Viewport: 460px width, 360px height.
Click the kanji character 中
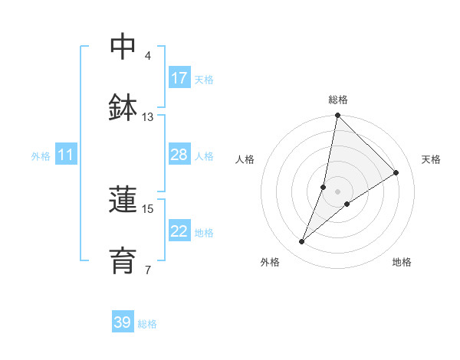pos(123,46)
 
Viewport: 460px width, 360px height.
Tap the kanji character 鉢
pos(123,108)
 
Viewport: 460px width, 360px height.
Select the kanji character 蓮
pos(123,200)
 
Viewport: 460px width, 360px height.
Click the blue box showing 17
pos(179,78)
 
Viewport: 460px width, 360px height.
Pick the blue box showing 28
pos(179,155)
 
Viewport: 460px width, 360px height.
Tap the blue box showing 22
pos(179,231)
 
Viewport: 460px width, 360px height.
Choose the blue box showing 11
pos(66,155)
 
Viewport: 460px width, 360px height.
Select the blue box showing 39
pos(123,322)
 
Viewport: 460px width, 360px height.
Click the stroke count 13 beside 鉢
pos(148,117)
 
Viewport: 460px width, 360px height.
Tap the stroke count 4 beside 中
pos(148,55)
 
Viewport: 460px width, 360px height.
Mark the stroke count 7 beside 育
pos(148,270)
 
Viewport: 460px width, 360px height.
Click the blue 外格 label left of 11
pos(41,156)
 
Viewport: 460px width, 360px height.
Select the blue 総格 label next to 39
pos(147,324)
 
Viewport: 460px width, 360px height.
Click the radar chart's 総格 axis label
pos(338,100)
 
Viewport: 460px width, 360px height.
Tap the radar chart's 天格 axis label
pos(432,159)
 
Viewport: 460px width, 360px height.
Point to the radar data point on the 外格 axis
pos(302,242)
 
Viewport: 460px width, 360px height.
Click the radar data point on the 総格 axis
pos(337,116)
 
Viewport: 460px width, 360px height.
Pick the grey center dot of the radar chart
pos(337,191)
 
